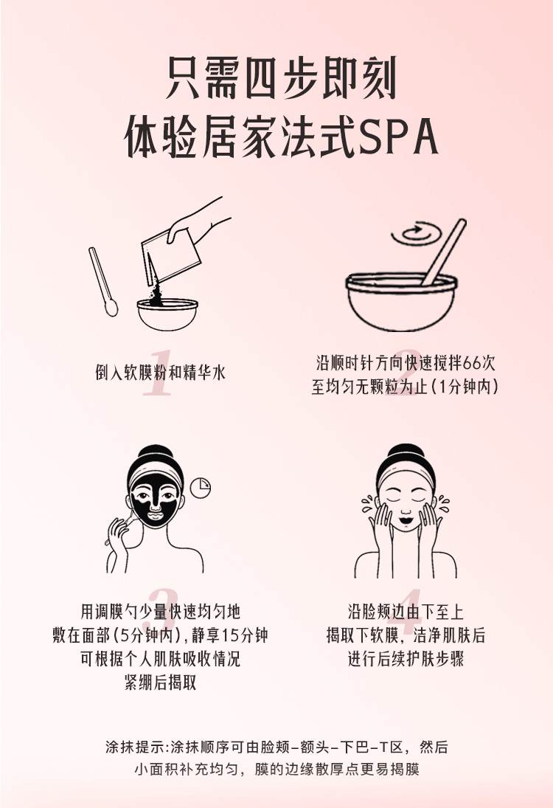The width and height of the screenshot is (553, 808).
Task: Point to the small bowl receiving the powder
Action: pyautogui.click(x=168, y=314)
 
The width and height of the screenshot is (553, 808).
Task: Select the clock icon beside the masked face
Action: pyautogui.click(x=201, y=488)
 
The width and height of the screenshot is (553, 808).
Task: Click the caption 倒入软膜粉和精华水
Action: pyautogui.click(x=160, y=372)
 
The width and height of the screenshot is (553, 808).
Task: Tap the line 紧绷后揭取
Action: pyautogui.click(x=161, y=683)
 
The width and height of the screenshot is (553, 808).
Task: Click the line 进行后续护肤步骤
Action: pyautogui.click(x=406, y=658)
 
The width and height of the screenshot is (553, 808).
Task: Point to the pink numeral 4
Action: pyautogui.click(x=406, y=612)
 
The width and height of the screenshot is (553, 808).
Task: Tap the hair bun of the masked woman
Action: pyautogui.click(x=156, y=454)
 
